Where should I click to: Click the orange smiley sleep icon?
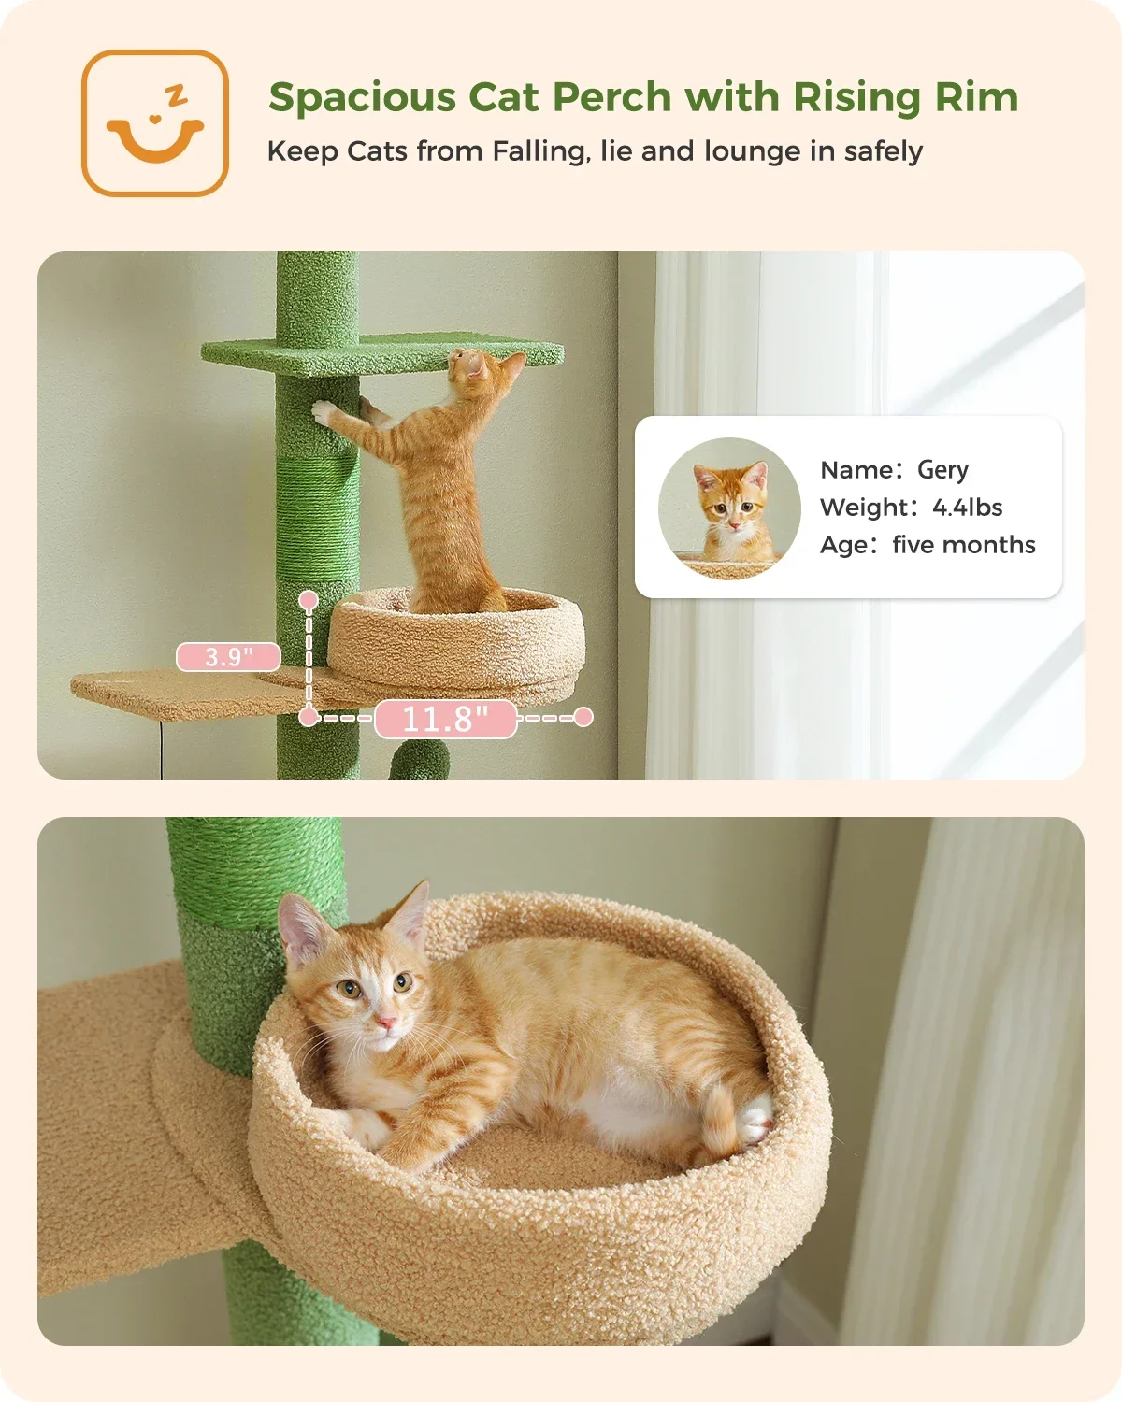click(155, 123)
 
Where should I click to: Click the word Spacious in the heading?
click(363, 98)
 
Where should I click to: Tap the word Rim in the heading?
click(977, 97)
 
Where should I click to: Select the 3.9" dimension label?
click(228, 657)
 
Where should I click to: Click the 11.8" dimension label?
click(446, 720)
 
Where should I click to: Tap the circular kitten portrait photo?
click(729, 508)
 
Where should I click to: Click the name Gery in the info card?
click(942, 470)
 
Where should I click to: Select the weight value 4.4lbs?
click(968, 508)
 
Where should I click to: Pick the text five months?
click(964, 545)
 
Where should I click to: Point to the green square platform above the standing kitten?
click(382, 353)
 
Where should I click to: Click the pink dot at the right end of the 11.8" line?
click(583, 717)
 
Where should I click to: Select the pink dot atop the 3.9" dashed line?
click(309, 600)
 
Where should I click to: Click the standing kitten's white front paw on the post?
click(324, 412)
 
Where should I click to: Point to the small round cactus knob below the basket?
click(421, 760)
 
